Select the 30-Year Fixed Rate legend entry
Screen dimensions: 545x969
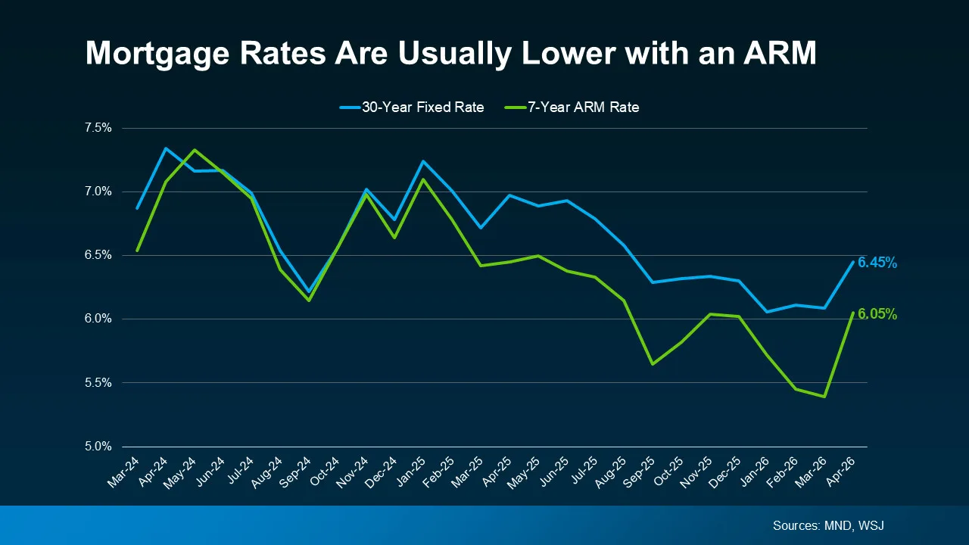411,107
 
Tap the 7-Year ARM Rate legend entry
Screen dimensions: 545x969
572,107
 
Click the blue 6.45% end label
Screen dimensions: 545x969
877,263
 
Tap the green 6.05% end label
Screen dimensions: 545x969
877,314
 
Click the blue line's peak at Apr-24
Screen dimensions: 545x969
166,148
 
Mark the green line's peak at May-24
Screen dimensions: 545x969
195,150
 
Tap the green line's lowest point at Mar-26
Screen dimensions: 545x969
824,397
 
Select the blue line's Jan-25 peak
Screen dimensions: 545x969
423,161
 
